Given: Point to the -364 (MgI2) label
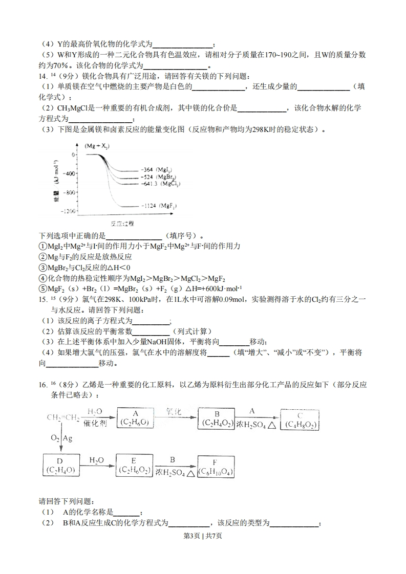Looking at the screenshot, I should coord(156,169).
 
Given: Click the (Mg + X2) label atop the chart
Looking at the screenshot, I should coord(97,146).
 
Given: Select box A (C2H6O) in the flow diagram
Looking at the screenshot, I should coord(136,418).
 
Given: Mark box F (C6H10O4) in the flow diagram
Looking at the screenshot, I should coord(216,466).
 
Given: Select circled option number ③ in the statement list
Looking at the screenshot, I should coord(42,268).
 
